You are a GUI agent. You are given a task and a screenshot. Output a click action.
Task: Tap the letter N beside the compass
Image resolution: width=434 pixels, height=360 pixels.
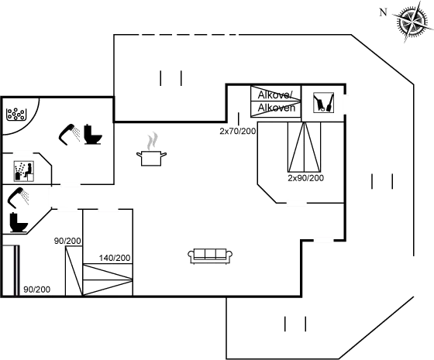click(382, 12)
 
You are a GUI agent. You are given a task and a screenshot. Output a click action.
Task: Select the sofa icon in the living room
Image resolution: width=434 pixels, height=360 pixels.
click(208, 255)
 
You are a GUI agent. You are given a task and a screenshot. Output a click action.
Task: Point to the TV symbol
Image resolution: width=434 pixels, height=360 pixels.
click(323, 103)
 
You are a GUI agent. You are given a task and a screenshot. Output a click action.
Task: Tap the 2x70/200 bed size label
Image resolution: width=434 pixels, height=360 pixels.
click(238, 132)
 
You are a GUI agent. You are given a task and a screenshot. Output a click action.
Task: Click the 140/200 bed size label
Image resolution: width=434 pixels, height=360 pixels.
click(114, 257)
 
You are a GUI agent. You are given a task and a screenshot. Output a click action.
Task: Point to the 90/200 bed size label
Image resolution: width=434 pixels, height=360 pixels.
click(36, 289)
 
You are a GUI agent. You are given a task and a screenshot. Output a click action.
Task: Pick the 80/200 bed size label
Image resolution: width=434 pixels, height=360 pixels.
click(67, 242)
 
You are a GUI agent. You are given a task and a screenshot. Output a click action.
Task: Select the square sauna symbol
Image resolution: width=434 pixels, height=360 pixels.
click(22, 168)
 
